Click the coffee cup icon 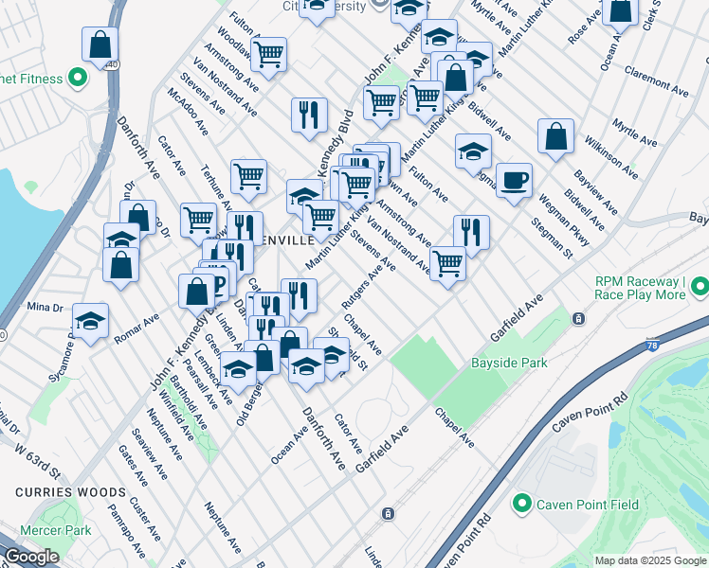pos(514,181)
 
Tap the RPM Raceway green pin pos(700,286)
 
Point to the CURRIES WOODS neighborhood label pos(70,492)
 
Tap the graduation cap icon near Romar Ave pos(90,321)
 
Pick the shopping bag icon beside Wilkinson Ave pos(555,135)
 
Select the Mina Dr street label pos(44,307)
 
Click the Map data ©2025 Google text pos(649,560)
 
